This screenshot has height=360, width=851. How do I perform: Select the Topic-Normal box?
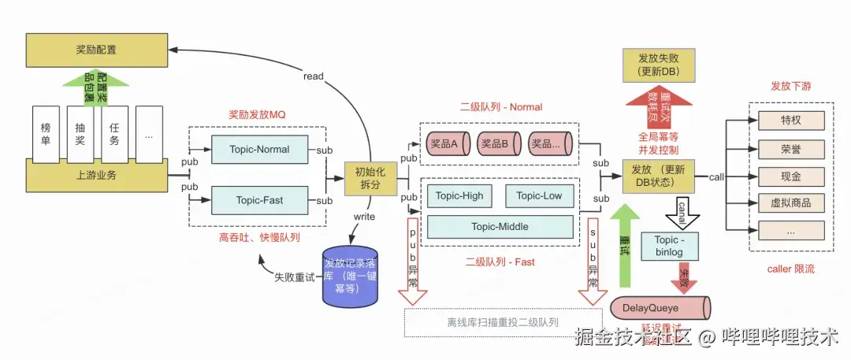(259, 150)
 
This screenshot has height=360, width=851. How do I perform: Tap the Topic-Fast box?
(259, 200)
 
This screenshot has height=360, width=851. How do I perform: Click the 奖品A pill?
(449, 144)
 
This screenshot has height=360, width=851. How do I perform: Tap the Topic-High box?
(460, 195)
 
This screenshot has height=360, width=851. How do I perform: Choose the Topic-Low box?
(540, 195)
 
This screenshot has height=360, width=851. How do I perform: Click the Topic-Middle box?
(500, 227)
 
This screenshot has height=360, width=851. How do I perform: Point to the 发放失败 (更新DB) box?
(659, 65)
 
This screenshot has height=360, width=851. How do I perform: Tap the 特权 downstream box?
(790, 121)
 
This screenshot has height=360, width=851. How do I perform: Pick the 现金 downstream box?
(790, 176)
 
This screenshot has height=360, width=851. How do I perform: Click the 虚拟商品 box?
(790, 203)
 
